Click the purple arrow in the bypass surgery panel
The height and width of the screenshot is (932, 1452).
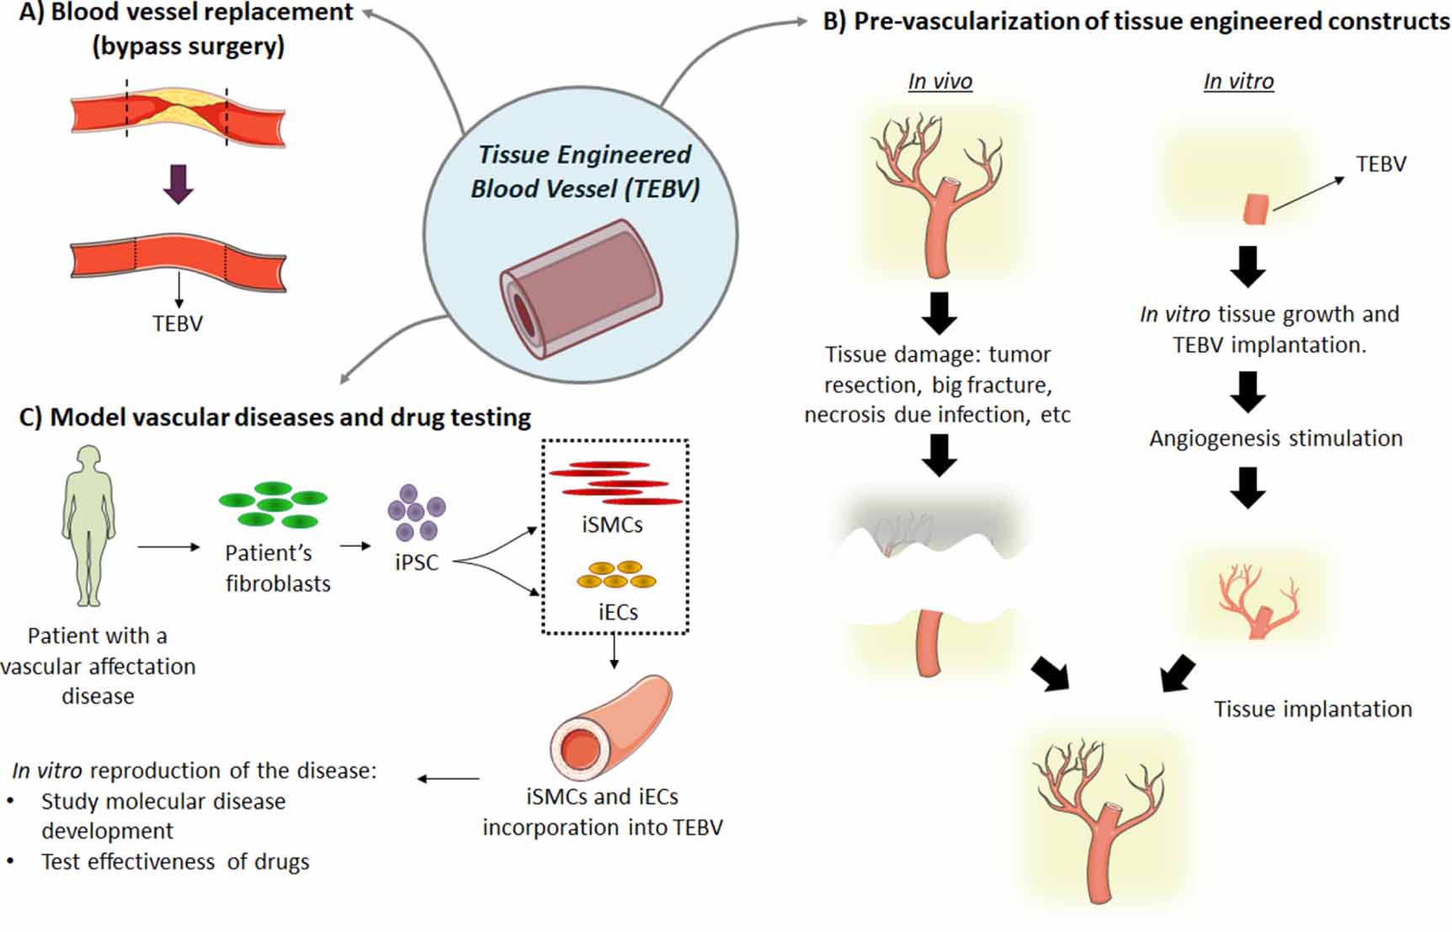(178, 184)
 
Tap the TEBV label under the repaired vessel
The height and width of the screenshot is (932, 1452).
(178, 323)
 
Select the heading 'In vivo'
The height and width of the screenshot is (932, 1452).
(939, 82)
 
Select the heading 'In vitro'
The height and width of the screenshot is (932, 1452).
(1238, 82)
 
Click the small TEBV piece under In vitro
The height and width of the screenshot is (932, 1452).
(1255, 209)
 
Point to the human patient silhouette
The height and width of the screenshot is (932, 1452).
(88, 526)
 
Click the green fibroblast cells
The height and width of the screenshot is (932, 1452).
(273, 504)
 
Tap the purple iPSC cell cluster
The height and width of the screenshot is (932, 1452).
(416, 512)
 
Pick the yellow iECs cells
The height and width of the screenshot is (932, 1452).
(616, 574)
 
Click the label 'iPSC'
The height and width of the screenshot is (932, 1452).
(417, 562)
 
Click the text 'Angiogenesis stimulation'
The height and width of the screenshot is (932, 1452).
(1275, 439)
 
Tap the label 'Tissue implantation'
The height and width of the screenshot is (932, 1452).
(1312, 709)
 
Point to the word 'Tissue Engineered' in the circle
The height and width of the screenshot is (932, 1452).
(584, 155)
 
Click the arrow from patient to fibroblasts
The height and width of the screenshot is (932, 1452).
(168, 547)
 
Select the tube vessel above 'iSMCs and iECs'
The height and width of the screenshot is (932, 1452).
(609, 729)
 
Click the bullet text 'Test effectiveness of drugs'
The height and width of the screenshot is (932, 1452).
(175, 862)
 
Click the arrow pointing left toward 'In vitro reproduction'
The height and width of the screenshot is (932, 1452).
(448, 779)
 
